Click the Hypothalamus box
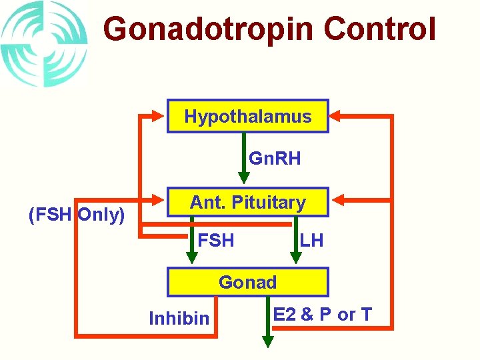tap(247, 117)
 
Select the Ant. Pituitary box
tap(247, 202)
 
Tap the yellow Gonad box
tap(247, 282)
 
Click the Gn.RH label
tap(275, 159)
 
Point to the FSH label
tap(217, 240)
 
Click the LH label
tap(311, 240)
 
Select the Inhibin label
tap(179, 319)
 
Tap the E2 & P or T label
tap(323, 315)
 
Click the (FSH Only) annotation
tap(77, 215)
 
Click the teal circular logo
tap(43, 44)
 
